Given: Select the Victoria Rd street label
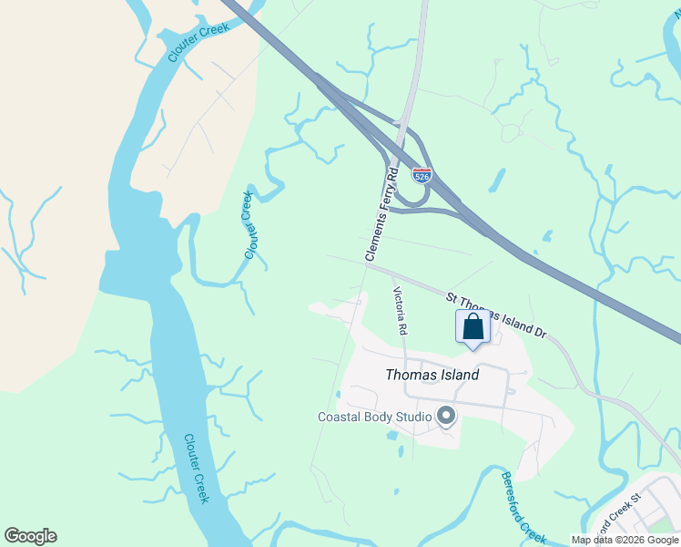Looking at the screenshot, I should (400, 310).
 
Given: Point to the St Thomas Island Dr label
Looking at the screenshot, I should (495, 315).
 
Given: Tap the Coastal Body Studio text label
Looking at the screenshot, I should (374, 418).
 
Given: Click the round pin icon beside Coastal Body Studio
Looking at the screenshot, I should (446, 417).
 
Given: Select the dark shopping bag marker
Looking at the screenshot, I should (473, 327).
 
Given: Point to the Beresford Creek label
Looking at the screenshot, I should (523, 507).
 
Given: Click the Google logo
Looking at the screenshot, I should (30, 536).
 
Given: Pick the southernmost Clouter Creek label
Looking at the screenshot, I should (197, 468).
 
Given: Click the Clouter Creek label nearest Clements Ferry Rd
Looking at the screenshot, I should (250, 225).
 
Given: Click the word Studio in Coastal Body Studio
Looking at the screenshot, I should (412, 418).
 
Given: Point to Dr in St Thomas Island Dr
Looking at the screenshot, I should (540, 333).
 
